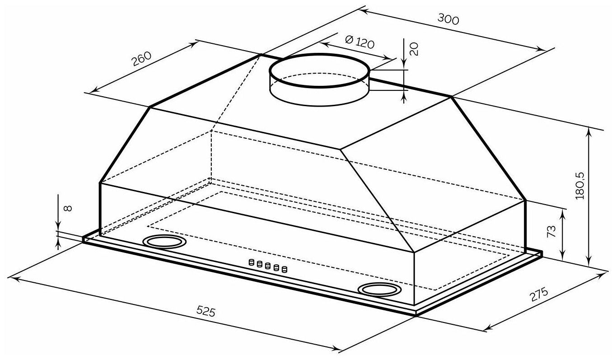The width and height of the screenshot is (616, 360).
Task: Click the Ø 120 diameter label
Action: (x=359, y=43)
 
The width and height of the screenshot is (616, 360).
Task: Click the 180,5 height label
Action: (x=581, y=185)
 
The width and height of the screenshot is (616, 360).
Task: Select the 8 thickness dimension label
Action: (x=68, y=208)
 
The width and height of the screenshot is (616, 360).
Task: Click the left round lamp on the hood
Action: (x=163, y=242)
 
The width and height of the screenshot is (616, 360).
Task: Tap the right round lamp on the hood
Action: (x=379, y=289)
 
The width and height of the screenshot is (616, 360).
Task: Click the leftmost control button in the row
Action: (x=251, y=262)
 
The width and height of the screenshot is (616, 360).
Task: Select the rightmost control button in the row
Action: (x=284, y=269)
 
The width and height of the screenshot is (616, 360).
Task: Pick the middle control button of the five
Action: (x=267, y=266)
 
